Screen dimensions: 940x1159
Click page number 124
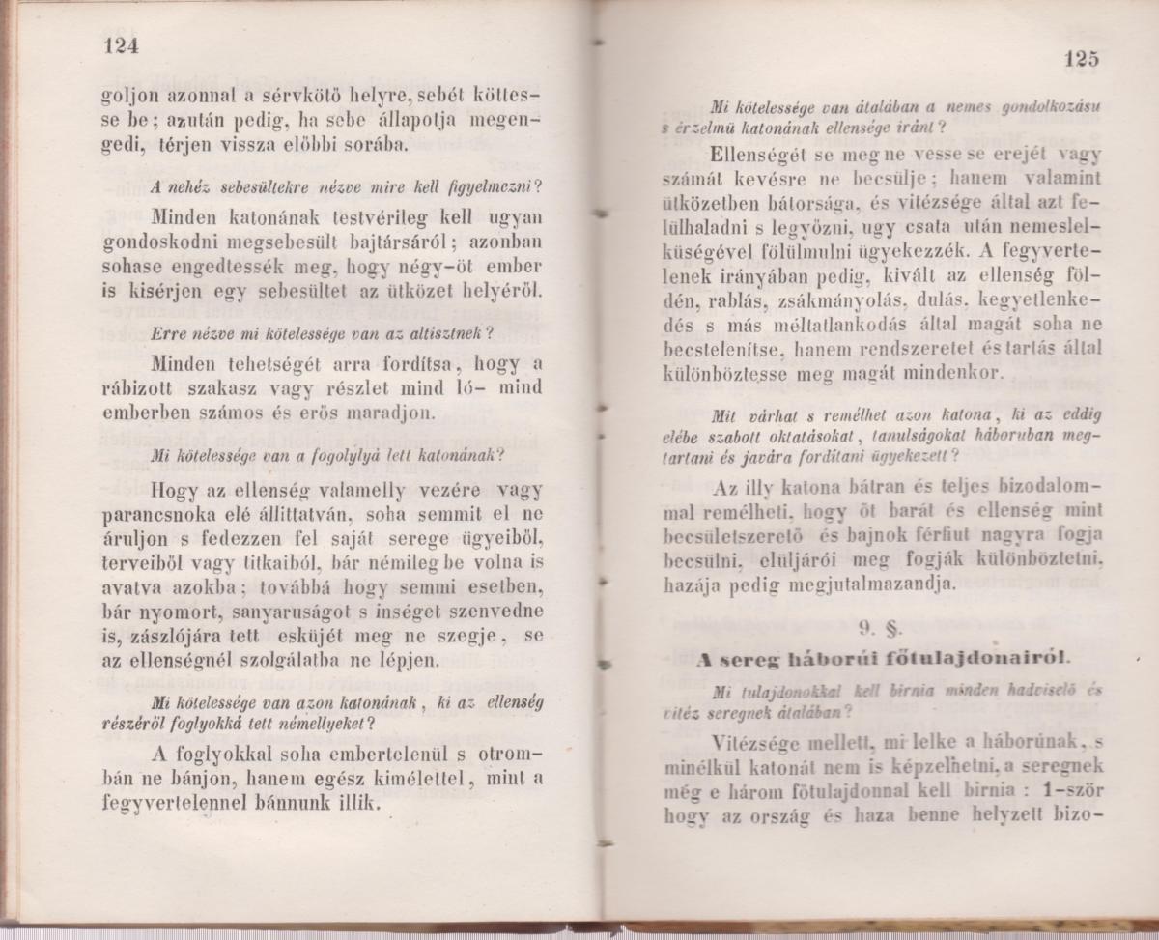click(121, 47)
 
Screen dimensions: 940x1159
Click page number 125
click(1083, 58)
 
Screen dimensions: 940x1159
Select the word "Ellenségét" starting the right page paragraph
click(758, 154)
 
